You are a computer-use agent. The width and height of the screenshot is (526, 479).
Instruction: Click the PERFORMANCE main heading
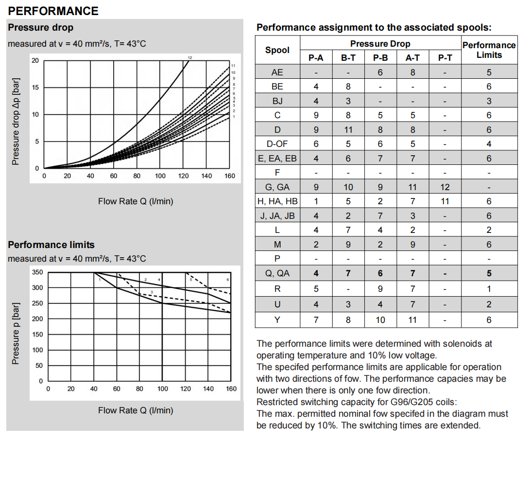point(53,11)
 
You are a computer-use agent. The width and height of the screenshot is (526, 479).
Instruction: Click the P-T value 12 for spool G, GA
point(445,187)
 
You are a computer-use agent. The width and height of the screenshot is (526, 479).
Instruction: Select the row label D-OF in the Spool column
point(277,144)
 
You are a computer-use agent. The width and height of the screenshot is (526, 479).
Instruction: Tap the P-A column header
point(316,58)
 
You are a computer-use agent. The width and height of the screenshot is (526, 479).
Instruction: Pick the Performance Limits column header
point(489,50)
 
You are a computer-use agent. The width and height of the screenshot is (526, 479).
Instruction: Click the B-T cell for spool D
point(348,130)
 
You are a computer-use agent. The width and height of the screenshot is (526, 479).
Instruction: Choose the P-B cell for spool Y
point(380,319)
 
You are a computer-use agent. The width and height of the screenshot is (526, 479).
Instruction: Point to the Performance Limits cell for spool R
point(489,289)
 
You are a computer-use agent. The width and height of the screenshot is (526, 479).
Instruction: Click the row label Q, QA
point(277,273)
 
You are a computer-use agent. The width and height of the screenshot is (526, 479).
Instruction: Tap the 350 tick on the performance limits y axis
point(37,272)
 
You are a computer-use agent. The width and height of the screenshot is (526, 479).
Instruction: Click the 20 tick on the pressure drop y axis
point(34,61)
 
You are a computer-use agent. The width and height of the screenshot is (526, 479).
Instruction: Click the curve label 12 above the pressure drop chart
point(190,58)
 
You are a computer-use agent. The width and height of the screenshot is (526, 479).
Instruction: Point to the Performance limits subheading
point(51,245)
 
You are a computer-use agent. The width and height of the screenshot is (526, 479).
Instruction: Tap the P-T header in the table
point(445,58)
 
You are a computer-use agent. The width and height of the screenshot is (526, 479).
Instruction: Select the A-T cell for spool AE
point(412,72)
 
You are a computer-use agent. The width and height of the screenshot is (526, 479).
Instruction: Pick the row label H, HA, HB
point(277,201)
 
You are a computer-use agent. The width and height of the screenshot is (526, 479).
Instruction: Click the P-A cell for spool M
point(316,245)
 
